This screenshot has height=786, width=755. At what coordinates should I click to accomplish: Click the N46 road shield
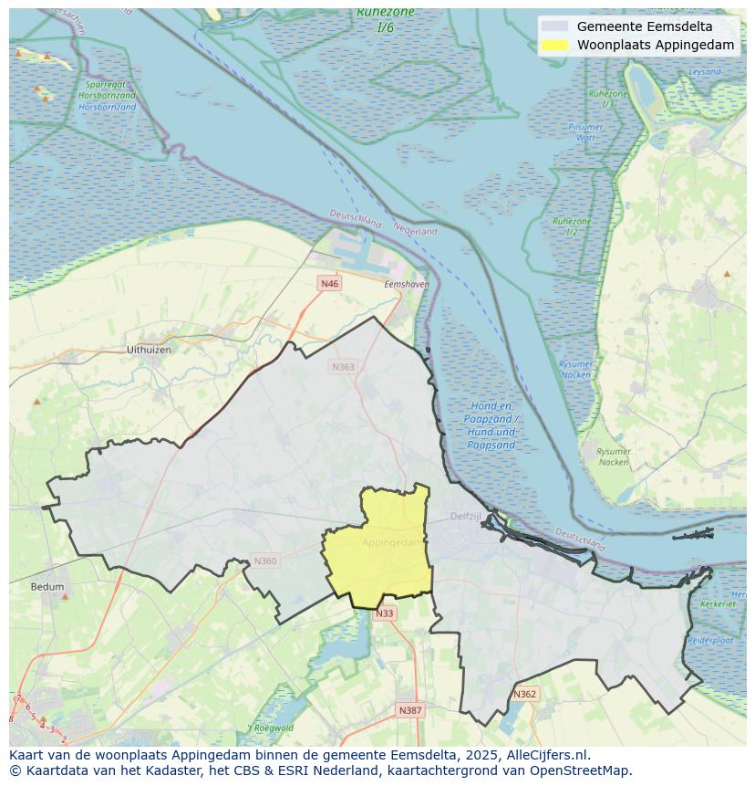[329, 284]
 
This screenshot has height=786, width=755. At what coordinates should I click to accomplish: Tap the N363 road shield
[343, 367]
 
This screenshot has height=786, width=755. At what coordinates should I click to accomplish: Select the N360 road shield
[264, 561]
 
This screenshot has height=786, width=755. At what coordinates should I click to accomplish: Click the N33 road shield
[385, 613]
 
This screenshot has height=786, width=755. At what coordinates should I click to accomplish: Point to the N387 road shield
[410, 710]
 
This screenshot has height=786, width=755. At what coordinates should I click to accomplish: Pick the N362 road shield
[524, 695]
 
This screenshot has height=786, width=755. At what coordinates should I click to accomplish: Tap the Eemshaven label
[407, 285]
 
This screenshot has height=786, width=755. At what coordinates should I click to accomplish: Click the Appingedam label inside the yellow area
[393, 542]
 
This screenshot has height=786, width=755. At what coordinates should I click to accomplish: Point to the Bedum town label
[47, 587]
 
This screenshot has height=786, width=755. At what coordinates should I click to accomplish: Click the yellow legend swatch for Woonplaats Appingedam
[553, 45]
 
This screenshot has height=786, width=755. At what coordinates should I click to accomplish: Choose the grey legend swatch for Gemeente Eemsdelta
[553, 26]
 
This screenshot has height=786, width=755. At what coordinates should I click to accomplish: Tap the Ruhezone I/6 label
[386, 19]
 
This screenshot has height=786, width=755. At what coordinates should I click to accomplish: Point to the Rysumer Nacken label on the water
[575, 369]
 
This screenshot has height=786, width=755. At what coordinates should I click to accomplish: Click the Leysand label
[705, 71]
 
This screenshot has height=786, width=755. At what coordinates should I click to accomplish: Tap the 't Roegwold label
[271, 728]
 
